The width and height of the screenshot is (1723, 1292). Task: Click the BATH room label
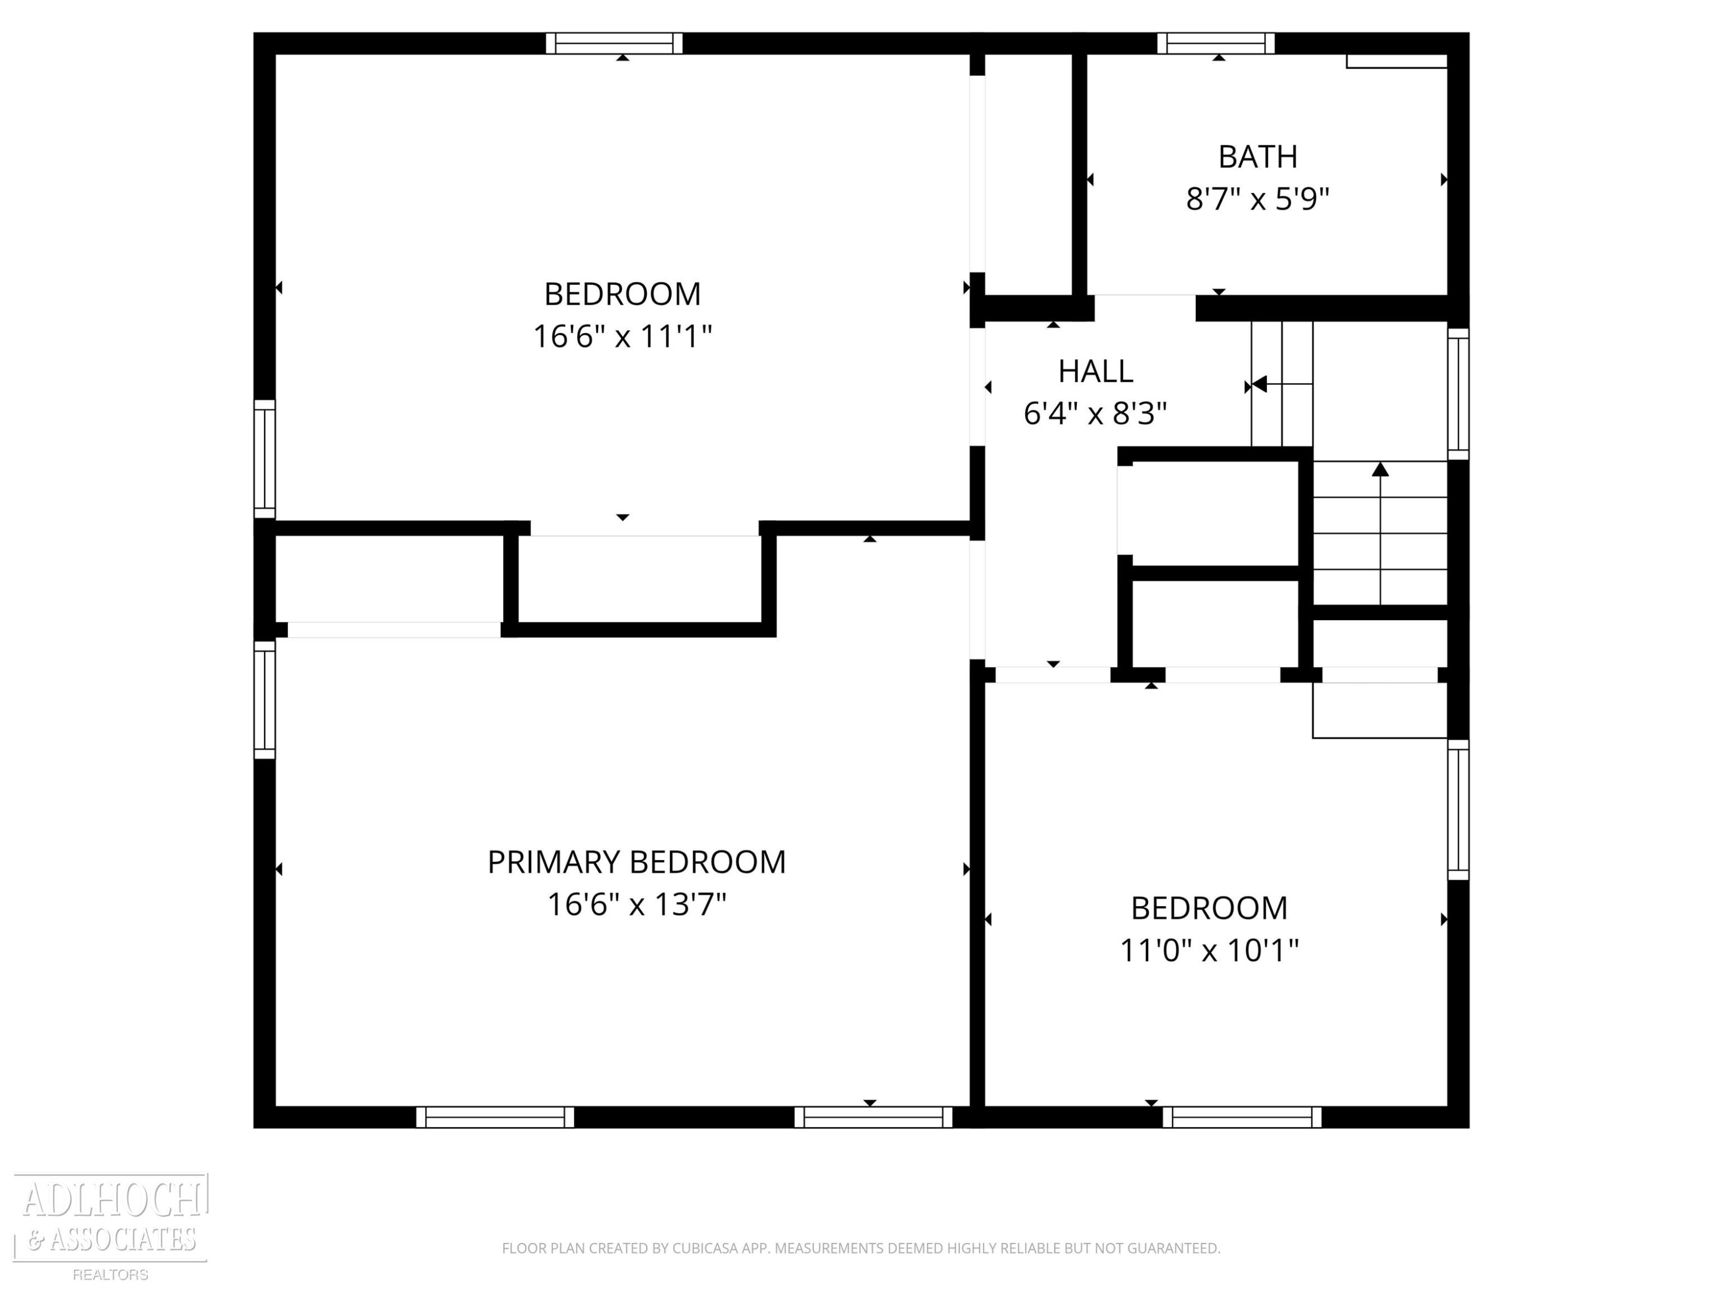[1257, 157]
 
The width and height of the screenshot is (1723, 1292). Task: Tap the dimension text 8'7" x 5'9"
[1257, 199]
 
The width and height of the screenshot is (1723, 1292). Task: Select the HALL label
[1095, 372]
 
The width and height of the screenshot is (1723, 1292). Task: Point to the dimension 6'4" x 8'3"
[1095, 413]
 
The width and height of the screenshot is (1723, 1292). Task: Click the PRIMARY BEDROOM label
[636, 862]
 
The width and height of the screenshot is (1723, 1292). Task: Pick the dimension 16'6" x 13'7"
[636, 905]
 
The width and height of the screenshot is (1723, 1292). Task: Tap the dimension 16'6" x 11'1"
[623, 336]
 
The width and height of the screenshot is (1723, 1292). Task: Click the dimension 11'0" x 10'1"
[1209, 950]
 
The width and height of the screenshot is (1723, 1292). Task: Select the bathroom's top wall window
[1216, 44]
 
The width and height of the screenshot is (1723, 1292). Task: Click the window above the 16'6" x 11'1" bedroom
[614, 44]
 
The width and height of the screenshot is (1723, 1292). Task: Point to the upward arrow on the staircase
[1380, 533]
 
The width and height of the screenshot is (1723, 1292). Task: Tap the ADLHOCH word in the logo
[112, 1200]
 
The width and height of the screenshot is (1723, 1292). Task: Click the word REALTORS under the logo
[111, 1275]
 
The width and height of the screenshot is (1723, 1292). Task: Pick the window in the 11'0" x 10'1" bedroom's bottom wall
[1242, 1117]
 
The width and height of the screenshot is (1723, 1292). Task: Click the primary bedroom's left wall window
[265, 699]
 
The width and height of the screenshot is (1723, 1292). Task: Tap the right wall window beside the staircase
[1458, 394]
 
